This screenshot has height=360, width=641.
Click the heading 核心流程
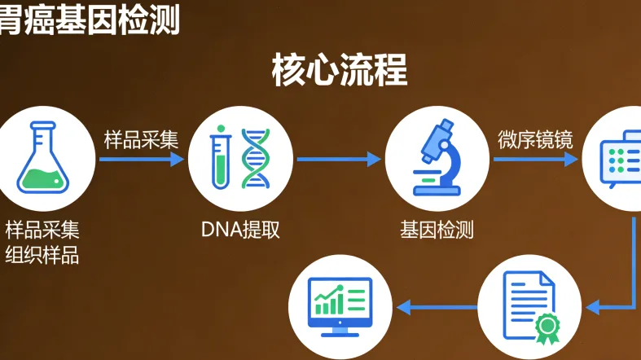339,71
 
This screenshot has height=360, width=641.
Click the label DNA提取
240,230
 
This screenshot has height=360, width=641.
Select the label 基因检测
437,230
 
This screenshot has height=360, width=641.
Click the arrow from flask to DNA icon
141,160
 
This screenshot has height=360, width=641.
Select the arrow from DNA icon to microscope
338,160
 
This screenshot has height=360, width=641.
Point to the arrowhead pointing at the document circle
593,307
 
